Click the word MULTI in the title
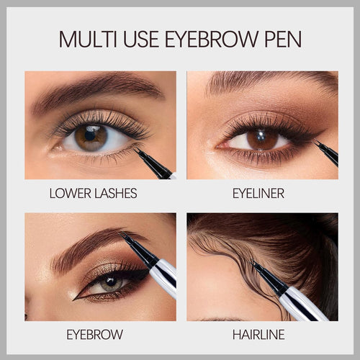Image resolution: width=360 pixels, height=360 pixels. [88, 39]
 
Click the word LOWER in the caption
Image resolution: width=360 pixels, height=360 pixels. [71, 194]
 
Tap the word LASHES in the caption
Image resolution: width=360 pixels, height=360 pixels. [116, 194]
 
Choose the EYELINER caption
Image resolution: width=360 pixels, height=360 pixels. [258, 194]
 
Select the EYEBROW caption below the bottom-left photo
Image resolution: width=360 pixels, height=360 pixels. [95, 335]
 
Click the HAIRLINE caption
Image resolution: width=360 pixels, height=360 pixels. [258, 335]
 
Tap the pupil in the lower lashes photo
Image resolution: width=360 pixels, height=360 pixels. [90, 136]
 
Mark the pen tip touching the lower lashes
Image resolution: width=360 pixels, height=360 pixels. [135, 149]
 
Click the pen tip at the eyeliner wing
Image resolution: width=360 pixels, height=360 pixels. [316, 142]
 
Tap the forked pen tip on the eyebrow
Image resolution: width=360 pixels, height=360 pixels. [121, 234]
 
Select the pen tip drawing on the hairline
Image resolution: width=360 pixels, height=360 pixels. [253, 263]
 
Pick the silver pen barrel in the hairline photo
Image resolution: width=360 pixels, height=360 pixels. [304, 304]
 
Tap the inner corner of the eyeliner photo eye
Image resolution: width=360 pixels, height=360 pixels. [217, 146]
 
